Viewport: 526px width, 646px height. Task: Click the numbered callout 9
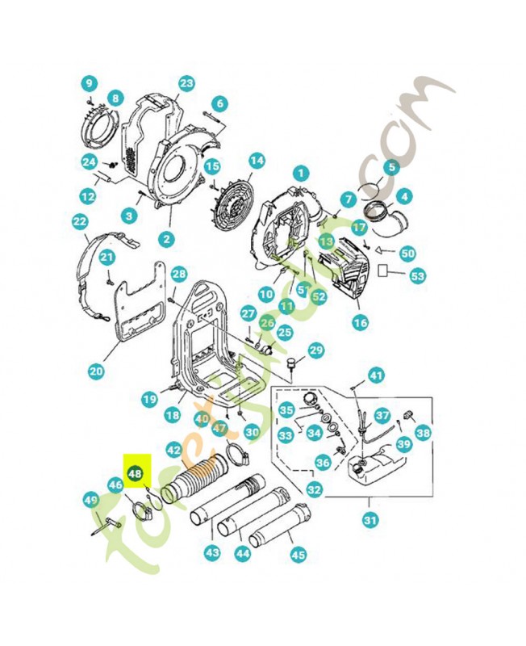click(x=89, y=82)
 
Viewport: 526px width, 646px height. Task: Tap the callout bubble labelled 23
click(x=186, y=83)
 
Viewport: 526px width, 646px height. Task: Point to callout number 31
click(x=370, y=521)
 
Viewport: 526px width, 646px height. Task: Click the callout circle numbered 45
click(x=298, y=555)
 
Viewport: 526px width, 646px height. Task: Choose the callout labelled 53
click(x=417, y=276)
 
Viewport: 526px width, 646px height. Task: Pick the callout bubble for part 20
click(x=96, y=371)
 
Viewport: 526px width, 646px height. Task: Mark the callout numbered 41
click(x=377, y=375)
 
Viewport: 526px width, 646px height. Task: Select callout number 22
click(x=79, y=220)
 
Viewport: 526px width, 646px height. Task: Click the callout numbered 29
click(x=315, y=350)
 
